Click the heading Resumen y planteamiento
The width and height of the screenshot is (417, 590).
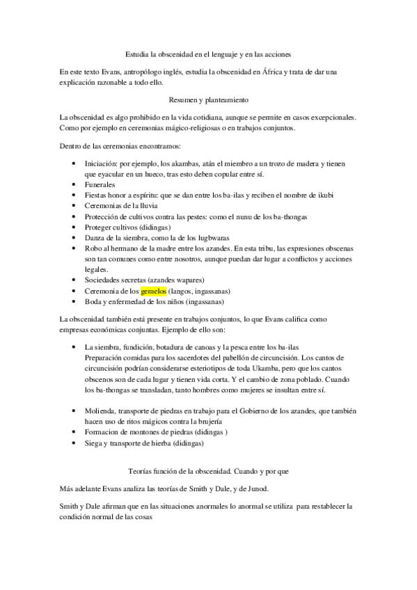[208, 100]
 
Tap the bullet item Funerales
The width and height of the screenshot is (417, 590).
[100, 186]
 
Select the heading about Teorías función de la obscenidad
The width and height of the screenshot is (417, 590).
[208, 471]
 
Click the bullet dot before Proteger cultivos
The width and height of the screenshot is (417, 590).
[74, 228]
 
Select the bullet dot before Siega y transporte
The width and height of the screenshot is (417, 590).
[74, 442]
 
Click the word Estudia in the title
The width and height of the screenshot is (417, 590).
[136, 53]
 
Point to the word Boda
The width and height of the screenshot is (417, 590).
[93, 301]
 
